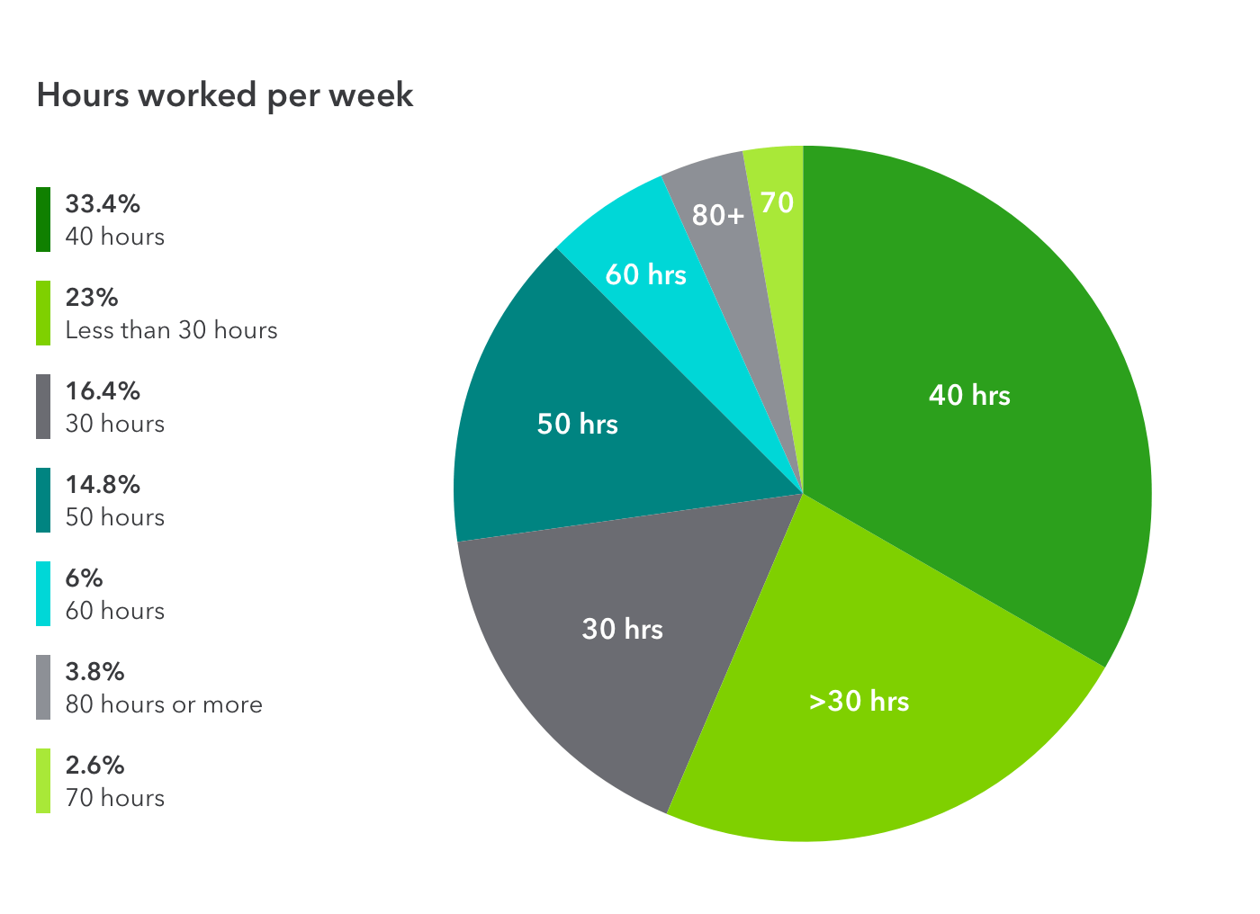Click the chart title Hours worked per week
pos(225,95)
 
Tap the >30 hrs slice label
pos(859,701)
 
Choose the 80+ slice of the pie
pos(717,215)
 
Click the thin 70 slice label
pos(777,202)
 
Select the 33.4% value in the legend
pos(103,204)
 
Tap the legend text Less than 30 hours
pos(171,330)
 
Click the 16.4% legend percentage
pos(103,391)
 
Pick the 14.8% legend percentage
pos(103,485)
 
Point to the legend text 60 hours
pos(115,611)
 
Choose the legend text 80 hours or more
pos(164,704)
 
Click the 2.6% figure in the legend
pos(94,766)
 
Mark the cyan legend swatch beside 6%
pos(43,594)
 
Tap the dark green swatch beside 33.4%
pos(43,220)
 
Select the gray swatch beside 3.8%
pos(43,687)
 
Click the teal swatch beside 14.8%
pos(43,500)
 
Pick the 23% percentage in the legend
pos(92,298)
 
